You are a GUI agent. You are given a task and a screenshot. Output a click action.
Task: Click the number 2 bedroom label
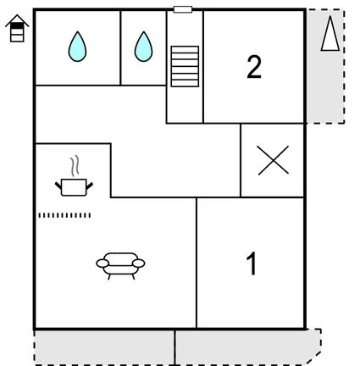click(x=254, y=67)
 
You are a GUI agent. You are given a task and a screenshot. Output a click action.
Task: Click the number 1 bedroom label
click(x=252, y=263)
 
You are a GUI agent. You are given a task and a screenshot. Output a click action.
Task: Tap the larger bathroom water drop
click(x=77, y=47)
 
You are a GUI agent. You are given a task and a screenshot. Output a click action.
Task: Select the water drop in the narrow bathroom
click(x=144, y=47)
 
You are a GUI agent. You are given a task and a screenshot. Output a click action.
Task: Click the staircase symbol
click(x=185, y=66)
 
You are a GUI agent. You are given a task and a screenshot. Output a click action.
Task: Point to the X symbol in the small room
click(x=273, y=160)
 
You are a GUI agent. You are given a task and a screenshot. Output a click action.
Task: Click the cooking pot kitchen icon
click(x=74, y=187)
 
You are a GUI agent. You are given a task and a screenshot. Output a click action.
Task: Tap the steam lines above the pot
click(x=75, y=166)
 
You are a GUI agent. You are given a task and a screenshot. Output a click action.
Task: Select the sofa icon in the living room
click(x=120, y=265)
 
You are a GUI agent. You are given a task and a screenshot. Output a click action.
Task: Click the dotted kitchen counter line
click(x=64, y=215)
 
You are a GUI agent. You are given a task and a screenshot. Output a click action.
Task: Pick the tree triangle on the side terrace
click(x=330, y=33)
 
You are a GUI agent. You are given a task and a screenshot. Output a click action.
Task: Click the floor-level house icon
click(x=17, y=28)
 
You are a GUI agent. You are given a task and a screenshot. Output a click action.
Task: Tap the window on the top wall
click(x=183, y=9)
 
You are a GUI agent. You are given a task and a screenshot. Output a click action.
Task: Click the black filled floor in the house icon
click(x=17, y=25)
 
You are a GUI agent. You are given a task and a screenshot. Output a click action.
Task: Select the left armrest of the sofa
click(x=102, y=263)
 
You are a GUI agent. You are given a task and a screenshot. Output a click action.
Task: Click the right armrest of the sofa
click(x=139, y=263)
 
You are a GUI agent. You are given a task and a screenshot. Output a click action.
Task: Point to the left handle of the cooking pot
click(x=58, y=186)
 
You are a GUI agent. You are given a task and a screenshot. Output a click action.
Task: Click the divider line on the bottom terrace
click(x=174, y=347)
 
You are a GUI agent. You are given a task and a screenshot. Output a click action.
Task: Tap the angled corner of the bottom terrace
click(x=313, y=358)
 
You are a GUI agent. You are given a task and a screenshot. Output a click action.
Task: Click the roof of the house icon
click(x=17, y=20)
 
